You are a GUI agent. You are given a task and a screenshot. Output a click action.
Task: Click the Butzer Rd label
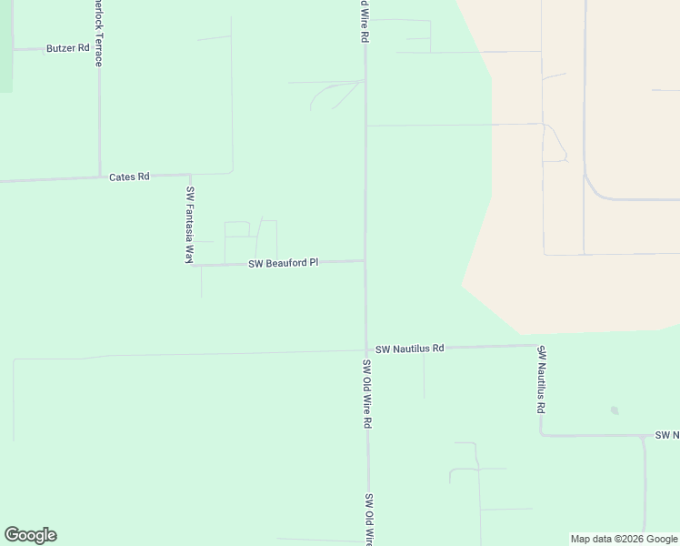[68, 48]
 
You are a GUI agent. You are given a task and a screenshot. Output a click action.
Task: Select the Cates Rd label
[129, 177]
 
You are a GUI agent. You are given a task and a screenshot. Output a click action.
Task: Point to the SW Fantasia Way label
[190, 225]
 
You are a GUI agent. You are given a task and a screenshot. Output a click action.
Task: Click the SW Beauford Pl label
[284, 263]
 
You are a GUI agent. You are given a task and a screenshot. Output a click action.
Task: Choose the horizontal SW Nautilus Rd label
[409, 349]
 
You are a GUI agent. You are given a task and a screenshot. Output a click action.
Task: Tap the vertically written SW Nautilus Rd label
[540, 379]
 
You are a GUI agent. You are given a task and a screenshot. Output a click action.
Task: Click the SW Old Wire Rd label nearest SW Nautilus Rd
[367, 394]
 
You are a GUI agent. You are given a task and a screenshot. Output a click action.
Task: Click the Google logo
[30, 535]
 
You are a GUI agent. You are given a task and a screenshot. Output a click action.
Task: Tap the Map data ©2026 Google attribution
[624, 539]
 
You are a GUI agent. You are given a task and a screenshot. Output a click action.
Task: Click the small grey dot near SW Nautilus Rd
[615, 410]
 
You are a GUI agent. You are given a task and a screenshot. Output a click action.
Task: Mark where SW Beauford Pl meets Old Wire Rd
[365, 261]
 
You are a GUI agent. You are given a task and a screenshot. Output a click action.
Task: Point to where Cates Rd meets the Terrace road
[99, 177]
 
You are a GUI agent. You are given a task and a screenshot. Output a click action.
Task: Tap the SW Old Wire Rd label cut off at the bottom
[369, 520]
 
